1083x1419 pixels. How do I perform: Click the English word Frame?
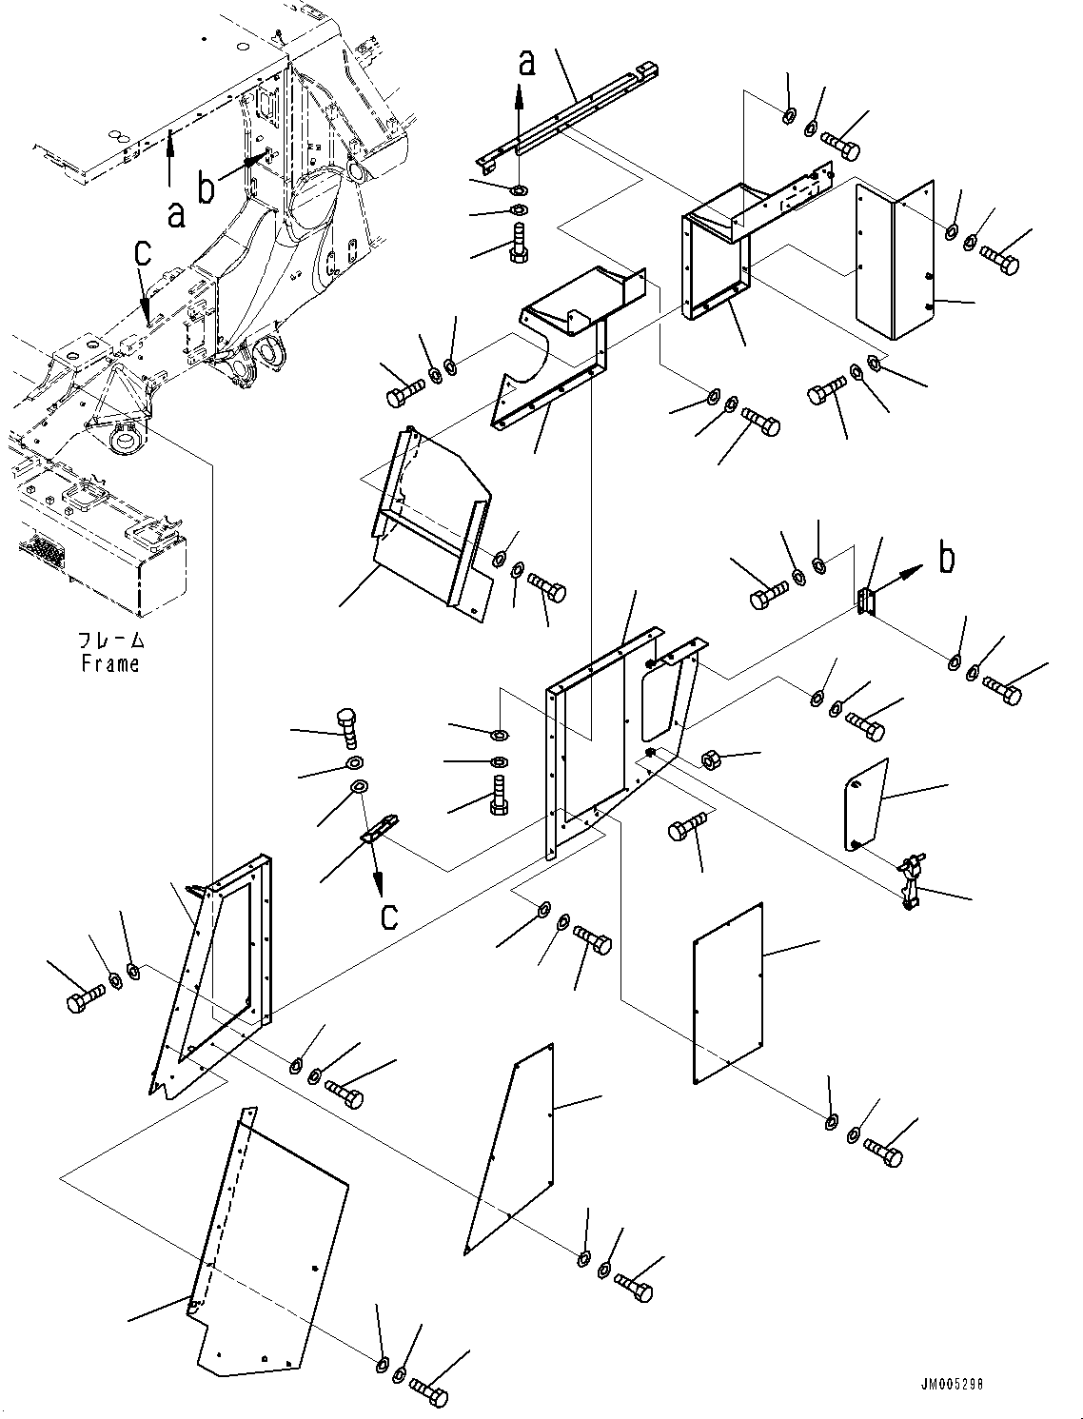click(110, 664)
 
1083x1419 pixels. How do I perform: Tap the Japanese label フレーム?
click(112, 641)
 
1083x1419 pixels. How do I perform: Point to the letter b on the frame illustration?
click(207, 187)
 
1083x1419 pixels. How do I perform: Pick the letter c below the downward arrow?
click(389, 916)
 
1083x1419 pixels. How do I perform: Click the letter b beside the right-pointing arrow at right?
click(946, 559)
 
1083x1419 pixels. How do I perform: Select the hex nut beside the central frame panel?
click(710, 759)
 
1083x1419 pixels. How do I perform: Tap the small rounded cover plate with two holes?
click(865, 802)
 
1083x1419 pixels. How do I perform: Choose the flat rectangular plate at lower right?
click(728, 993)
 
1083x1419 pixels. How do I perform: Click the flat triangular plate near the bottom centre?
click(512, 1147)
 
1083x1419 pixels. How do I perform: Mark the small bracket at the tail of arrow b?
click(865, 602)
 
